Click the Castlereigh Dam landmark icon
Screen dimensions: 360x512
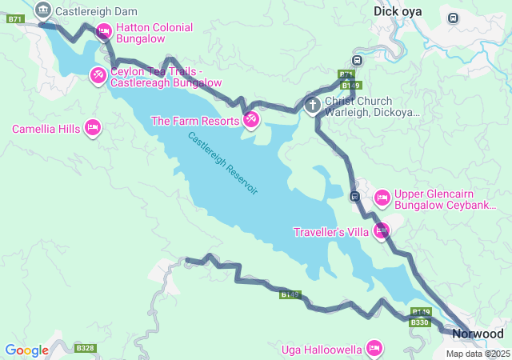click(44, 11)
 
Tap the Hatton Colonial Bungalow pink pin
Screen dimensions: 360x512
click(103, 31)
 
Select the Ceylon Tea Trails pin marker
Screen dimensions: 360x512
click(97, 75)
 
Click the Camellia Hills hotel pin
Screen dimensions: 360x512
click(93, 128)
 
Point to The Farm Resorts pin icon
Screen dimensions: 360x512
click(251, 119)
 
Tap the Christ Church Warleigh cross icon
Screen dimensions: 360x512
click(313, 104)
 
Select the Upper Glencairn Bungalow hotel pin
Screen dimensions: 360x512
click(382, 196)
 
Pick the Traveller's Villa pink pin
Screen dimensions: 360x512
click(382, 230)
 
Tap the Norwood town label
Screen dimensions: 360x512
click(478, 334)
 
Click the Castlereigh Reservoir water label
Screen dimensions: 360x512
click(223, 163)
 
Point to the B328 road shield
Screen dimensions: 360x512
click(86, 348)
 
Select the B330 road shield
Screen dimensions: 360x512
click(419, 322)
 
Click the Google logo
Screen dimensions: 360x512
click(26, 350)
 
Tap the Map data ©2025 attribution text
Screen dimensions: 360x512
click(478, 354)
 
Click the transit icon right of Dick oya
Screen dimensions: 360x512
click(454, 18)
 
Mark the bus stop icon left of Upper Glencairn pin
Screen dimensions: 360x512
click(354, 196)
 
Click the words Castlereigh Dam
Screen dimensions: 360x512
click(96, 11)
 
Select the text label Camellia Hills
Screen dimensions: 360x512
click(46, 129)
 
